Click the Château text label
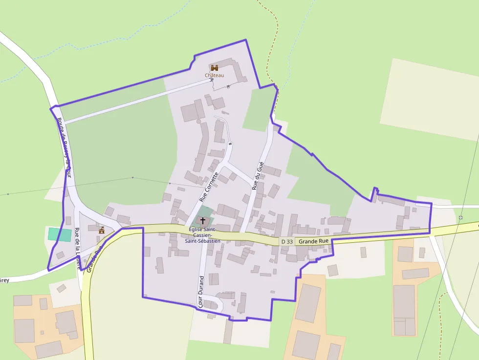[x=214, y=75]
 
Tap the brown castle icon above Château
[x=214, y=67]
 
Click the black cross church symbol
[x=203, y=221]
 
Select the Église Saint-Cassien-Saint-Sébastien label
[x=202, y=235]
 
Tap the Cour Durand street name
[x=201, y=291]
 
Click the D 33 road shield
[x=287, y=241]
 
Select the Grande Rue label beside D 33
[x=314, y=241]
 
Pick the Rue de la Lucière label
[x=78, y=248]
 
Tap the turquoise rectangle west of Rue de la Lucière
[x=59, y=233]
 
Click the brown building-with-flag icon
[x=102, y=230]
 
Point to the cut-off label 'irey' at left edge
[x=4, y=280]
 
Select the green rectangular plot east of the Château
[x=260, y=109]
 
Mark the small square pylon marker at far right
[x=461, y=217]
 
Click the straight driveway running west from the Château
[x=137, y=101]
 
